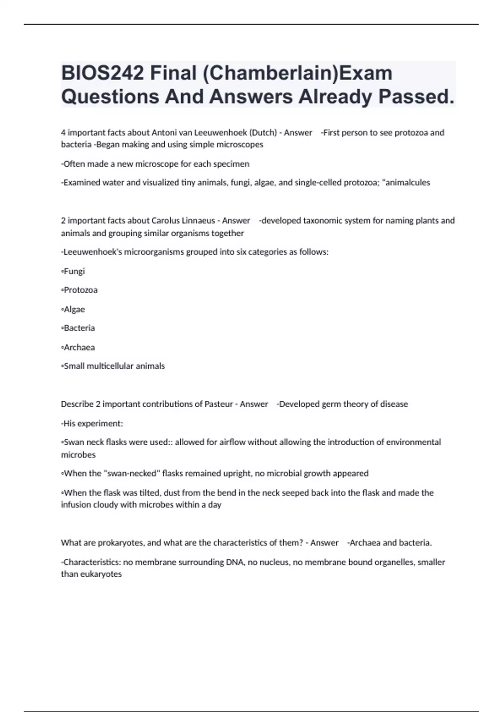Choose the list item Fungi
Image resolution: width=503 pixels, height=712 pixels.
click(x=74, y=271)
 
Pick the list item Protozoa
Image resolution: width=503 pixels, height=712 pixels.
click(x=80, y=290)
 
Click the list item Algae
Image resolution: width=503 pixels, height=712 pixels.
click(x=74, y=310)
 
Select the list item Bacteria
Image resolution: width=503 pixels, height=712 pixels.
click(x=79, y=328)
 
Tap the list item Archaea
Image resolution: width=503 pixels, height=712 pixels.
click(x=79, y=347)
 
